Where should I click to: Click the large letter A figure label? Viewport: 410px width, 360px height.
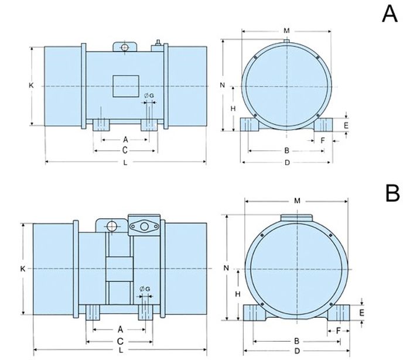point(389,14)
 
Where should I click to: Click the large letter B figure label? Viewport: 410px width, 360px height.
point(392,193)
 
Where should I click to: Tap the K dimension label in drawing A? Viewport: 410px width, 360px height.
point(31,85)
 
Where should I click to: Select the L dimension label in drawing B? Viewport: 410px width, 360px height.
point(121,350)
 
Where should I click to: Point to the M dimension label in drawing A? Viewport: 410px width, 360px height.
point(286,30)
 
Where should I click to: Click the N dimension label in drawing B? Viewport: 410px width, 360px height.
point(227,268)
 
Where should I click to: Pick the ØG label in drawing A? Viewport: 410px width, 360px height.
point(149,96)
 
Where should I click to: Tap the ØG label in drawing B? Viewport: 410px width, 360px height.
point(145,289)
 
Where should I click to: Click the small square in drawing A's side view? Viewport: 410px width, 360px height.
point(126,86)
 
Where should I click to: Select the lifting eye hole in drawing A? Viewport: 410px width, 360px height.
point(125,47)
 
